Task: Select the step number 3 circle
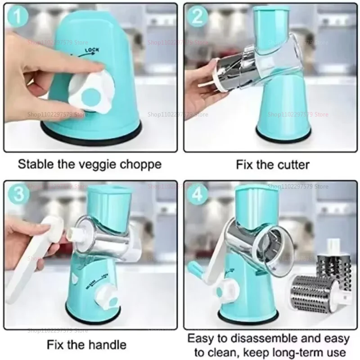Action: pos(17,195)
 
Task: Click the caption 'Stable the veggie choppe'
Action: pos(89,164)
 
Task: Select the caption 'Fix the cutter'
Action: pos(273,164)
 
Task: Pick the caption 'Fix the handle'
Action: pos(86,345)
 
